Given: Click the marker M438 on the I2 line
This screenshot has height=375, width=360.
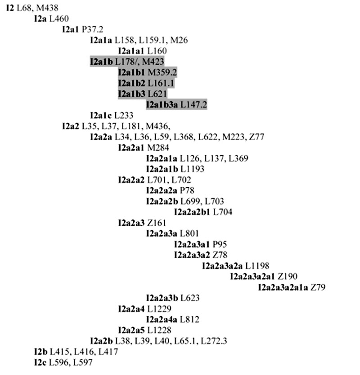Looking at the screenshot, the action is (x=47, y=8).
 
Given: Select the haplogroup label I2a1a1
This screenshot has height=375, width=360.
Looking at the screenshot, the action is (x=131, y=51).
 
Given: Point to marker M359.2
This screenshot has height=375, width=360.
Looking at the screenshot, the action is (x=162, y=72).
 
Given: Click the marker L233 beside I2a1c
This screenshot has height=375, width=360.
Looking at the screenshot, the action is (x=123, y=115).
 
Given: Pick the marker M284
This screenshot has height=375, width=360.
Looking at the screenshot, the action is (x=158, y=147).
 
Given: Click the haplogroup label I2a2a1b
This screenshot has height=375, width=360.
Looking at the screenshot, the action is (x=162, y=169).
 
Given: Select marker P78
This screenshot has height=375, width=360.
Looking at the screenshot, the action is (x=187, y=191).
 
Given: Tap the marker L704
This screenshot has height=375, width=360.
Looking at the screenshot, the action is (x=223, y=212).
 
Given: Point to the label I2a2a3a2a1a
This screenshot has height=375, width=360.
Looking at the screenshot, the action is (x=283, y=287).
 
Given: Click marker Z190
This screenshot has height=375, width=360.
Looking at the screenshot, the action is (x=288, y=277).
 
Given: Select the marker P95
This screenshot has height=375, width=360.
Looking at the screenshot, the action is (x=220, y=245).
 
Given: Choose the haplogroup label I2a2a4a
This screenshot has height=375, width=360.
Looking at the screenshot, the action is (x=162, y=320).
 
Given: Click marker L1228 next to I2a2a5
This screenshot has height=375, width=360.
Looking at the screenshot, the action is (x=159, y=330).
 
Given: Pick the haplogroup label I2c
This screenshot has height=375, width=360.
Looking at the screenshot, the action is (x=40, y=362).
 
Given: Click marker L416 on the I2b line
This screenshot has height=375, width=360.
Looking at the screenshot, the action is (x=84, y=352).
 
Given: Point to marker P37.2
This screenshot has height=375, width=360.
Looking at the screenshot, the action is (x=92, y=29).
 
